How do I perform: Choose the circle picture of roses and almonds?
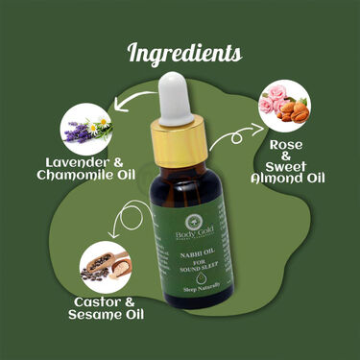(x=284, y=109)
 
